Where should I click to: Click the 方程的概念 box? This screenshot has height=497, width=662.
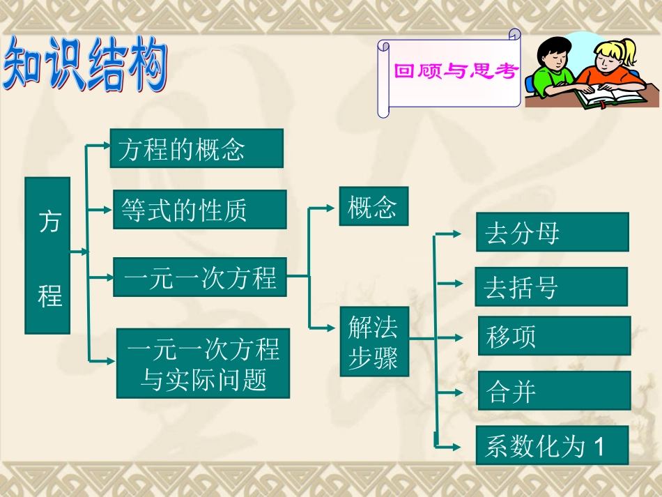[197, 148]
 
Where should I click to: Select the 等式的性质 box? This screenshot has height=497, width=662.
[200, 209]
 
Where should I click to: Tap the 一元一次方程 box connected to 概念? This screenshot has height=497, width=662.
[200, 277]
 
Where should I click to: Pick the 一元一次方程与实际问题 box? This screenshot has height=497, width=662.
[203, 363]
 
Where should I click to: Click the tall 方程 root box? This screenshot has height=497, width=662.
[48, 255]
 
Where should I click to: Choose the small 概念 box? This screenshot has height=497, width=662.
[374, 206]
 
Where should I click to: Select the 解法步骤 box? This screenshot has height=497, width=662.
[374, 342]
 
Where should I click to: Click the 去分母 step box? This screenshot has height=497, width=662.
[553, 232]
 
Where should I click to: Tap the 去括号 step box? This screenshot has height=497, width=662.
[551, 286]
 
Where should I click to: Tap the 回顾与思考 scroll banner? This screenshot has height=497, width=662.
[453, 71]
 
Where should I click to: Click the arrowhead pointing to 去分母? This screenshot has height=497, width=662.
[457, 234]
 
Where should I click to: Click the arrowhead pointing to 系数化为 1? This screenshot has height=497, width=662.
[457, 446]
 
